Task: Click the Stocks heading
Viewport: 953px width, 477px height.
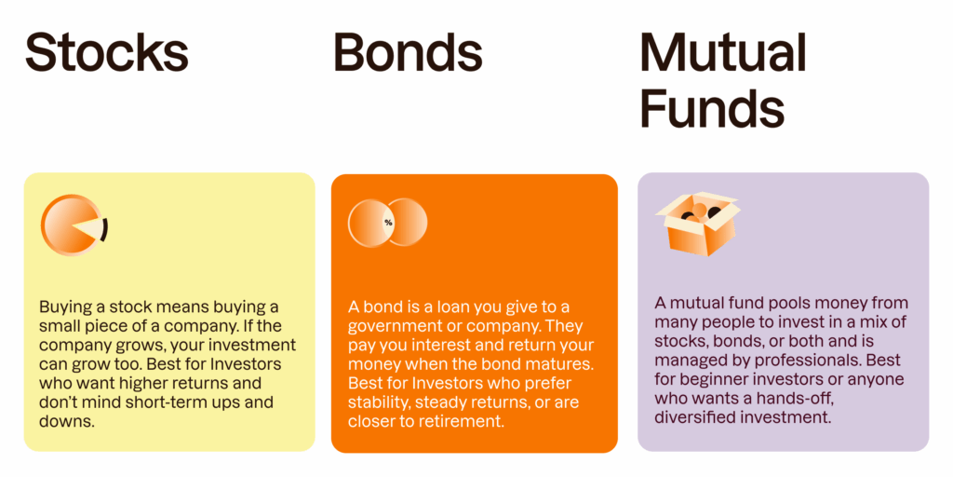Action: pos(106,52)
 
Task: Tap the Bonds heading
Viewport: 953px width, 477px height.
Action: pos(408,52)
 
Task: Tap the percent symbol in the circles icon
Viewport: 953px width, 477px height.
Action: pos(388,223)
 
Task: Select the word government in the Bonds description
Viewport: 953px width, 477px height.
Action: pos(395,326)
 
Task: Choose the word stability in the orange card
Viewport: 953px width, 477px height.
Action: pos(382,402)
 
